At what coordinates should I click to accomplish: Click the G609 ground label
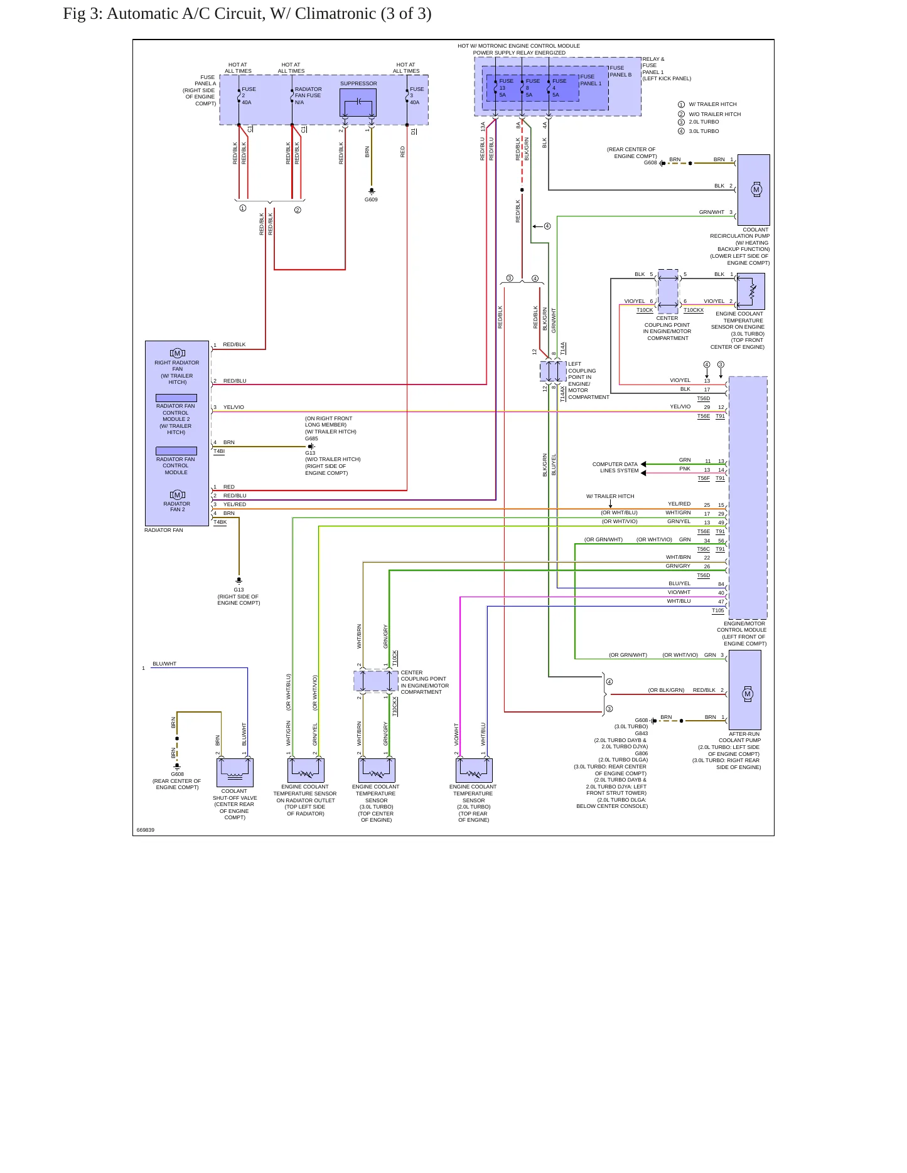tap(371, 199)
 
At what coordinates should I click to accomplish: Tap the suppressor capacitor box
tap(358, 102)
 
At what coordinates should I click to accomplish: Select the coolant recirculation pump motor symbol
tap(756, 189)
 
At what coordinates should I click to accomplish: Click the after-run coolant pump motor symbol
tap(747, 694)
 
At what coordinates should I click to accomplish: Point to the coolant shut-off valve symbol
tap(235, 772)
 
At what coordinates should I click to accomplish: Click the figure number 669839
tap(146, 830)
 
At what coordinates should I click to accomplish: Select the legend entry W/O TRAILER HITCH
tap(715, 114)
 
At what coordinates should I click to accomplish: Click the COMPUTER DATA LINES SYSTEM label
tap(616, 467)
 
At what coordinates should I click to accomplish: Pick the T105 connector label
tap(718, 610)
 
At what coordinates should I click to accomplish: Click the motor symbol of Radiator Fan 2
tap(177, 495)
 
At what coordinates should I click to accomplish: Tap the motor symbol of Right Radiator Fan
tap(177, 353)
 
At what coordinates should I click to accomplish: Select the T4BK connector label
tap(220, 522)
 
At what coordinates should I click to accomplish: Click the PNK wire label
tap(685, 469)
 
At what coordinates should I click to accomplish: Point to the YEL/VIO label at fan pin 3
tap(233, 407)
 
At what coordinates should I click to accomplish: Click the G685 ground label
tap(311, 438)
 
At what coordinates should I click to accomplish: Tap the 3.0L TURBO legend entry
tap(704, 131)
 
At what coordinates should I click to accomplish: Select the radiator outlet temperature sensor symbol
tap(306, 770)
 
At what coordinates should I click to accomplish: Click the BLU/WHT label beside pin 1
tap(164, 664)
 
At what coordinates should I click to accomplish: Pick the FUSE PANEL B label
tap(621, 71)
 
